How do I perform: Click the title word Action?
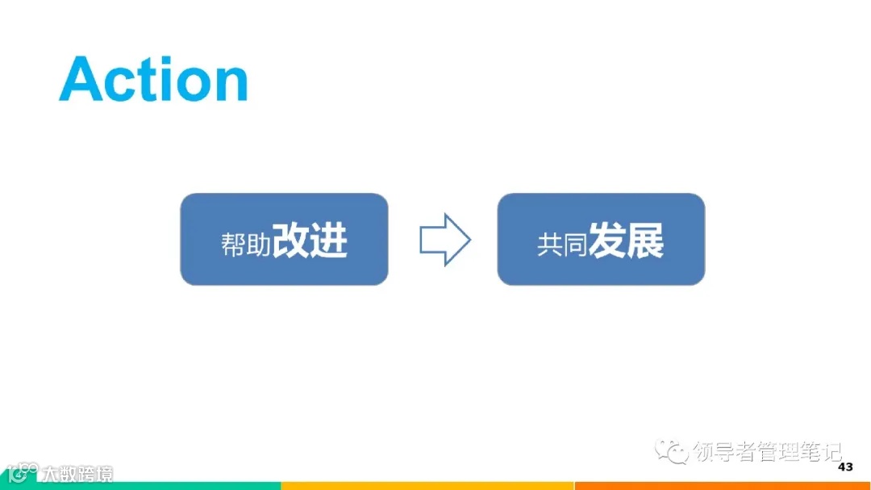point(153,79)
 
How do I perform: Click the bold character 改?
point(290,240)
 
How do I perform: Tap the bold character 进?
point(328,240)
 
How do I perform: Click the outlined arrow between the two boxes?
point(444,239)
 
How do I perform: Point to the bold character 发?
point(606,240)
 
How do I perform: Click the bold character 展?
point(644,240)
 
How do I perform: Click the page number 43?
point(845,467)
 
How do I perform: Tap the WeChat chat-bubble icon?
point(672,451)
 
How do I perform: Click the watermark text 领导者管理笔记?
point(766,452)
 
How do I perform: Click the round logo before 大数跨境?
point(19,473)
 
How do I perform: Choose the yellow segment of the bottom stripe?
point(427,486)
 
